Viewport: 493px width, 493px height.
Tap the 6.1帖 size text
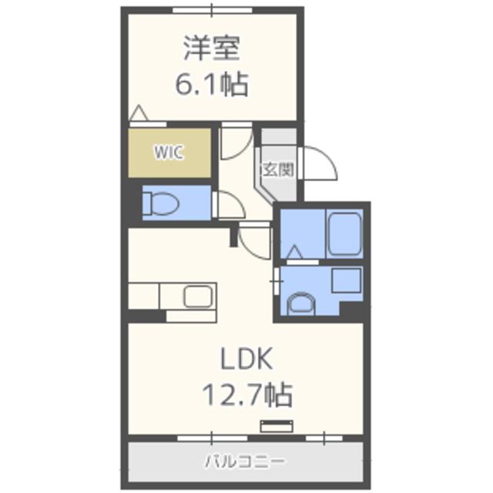[211, 83]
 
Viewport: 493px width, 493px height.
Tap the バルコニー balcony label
[245, 461]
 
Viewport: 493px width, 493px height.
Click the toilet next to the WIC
[162, 203]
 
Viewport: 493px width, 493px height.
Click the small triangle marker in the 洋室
[139, 114]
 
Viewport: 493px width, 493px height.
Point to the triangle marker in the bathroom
[293, 253]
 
